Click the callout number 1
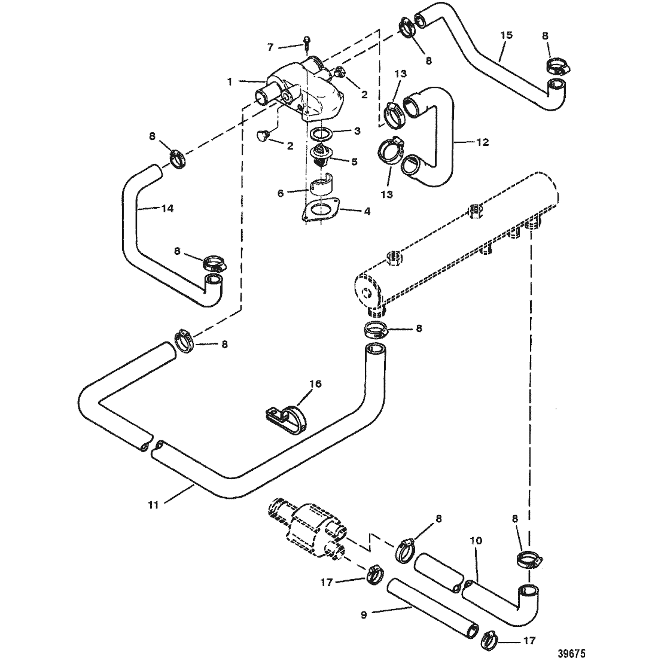[230, 83]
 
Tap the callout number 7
[270, 47]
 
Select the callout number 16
[316, 383]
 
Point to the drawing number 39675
[571, 653]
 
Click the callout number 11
[154, 505]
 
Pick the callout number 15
[507, 35]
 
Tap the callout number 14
[167, 208]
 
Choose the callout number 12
[483, 142]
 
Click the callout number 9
[364, 615]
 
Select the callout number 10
[476, 541]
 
